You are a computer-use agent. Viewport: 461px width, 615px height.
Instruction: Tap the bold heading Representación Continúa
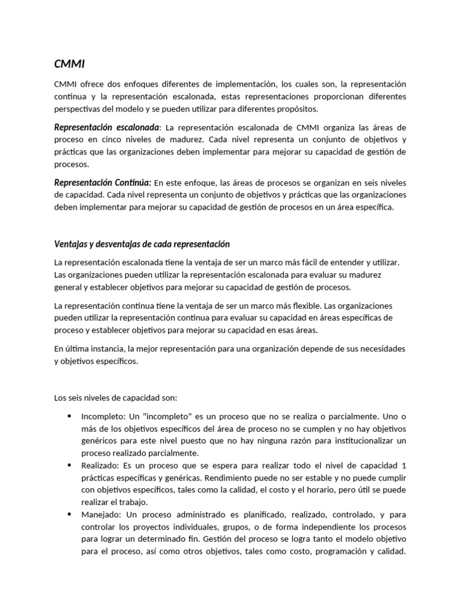tap(103, 183)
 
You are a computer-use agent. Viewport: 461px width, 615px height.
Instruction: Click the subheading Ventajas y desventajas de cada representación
tap(142, 244)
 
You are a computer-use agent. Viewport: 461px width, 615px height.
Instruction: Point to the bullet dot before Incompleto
tap(69, 416)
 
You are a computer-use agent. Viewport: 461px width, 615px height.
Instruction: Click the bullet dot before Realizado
tap(69, 465)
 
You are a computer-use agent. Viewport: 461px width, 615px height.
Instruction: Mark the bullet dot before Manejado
tap(69, 515)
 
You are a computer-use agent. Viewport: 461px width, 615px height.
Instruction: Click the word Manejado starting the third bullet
tap(100, 515)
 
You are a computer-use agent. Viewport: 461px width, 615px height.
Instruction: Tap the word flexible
tap(303, 306)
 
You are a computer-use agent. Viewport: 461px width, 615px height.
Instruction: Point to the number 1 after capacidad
tap(404, 465)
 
